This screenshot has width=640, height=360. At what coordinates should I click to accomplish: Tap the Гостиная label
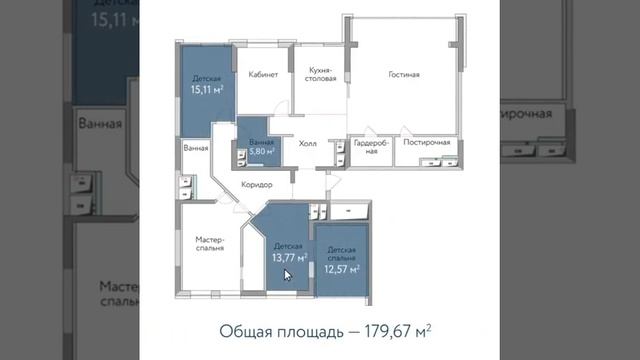404,74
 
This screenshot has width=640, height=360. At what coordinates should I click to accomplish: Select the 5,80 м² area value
260,152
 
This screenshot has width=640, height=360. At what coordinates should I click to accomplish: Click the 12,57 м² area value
340,266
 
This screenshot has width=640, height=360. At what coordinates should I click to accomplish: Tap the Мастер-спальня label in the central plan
210,245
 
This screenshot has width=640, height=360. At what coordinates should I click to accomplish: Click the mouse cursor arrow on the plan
289,273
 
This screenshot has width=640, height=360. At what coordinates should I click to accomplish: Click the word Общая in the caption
244,329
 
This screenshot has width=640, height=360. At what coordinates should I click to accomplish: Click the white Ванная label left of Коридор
196,148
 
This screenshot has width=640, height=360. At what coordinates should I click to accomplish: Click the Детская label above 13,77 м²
288,245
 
